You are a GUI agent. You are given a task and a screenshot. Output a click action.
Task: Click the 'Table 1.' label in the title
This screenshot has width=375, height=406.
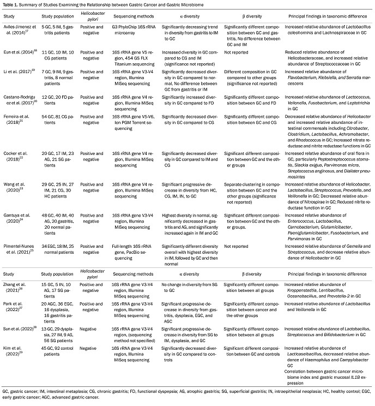coord(11,4)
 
